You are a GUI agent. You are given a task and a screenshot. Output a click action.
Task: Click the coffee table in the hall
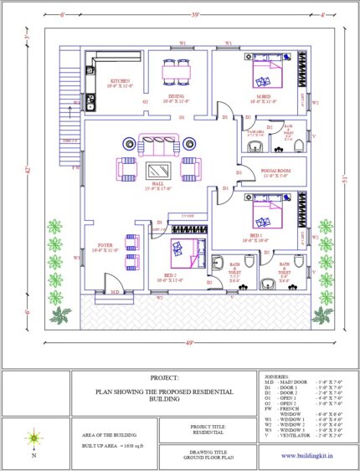click(157, 172)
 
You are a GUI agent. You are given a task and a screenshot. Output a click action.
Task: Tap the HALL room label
click(157, 188)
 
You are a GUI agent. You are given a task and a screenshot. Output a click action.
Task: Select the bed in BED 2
click(183, 250)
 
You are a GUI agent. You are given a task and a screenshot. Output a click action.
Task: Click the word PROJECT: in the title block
click(165, 378)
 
